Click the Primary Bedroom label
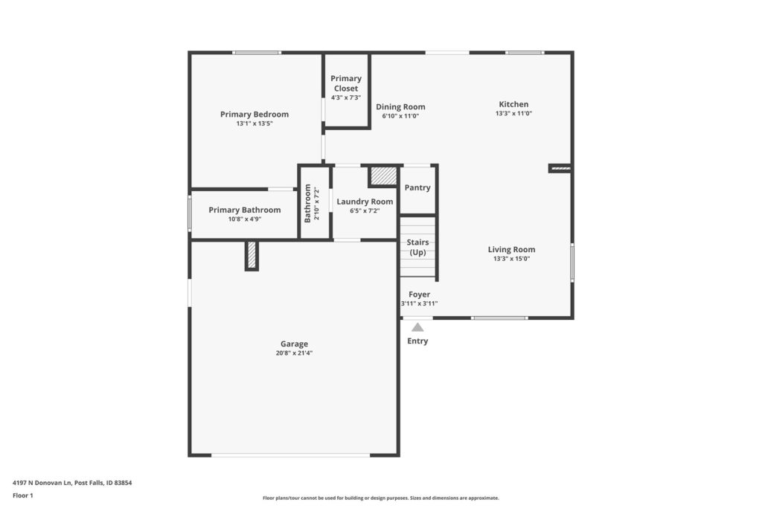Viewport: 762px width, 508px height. (x=254, y=114)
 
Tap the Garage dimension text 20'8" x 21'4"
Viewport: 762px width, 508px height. (x=294, y=353)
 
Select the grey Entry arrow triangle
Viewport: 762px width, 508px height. (x=417, y=327)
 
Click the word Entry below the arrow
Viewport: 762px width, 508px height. (x=417, y=341)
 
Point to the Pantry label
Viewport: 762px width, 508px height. (x=417, y=187)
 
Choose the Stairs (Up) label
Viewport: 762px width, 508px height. (x=418, y=247)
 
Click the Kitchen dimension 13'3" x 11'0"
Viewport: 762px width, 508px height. (x=513, y=113)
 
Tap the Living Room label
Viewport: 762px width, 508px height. (x=511, y=250)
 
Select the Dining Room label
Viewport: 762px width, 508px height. (x=400, y=107)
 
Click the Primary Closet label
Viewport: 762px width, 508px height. (x=346, y=83)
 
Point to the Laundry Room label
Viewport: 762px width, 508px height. (x=365, y=202)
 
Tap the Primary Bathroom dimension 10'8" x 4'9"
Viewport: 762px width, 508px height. (x=245, y=219)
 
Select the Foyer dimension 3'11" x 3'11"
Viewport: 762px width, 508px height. (x=420, y=303)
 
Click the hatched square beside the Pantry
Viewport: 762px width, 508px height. (x=383, y=176)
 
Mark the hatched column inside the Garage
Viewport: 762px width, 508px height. (x=252, y=254)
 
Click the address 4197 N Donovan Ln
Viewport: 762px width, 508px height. (x=42, y=483)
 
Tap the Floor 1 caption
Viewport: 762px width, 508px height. (x=23, y=495)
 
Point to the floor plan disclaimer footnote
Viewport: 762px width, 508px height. (x=381, y=498)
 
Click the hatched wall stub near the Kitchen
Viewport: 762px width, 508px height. (x=560, y=168)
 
